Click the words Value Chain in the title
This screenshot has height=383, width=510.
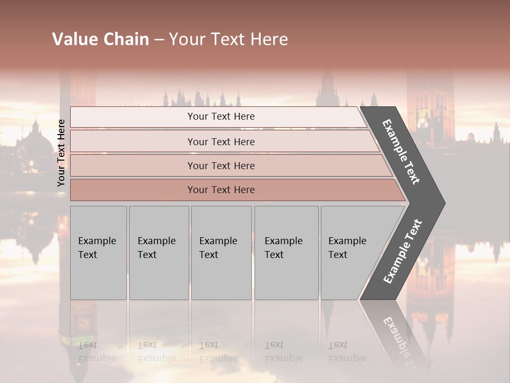coord(100,39)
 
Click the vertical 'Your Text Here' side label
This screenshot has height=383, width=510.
coord(61,153)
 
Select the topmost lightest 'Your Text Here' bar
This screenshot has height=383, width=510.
coord(221,116)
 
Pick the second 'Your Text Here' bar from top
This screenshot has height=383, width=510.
coord(221,142)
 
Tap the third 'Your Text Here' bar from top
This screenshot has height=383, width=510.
coord(221,166)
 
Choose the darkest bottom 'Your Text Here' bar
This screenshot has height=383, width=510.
coord(221,190)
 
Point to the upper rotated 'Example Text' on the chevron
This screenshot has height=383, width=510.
coord(401,152)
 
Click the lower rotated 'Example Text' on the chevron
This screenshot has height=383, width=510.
coord(403,252)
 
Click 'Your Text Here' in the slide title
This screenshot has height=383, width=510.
coord(228,39)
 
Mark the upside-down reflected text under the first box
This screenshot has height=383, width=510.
coord(97,352)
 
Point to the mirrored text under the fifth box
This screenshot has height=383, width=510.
coord(347,352)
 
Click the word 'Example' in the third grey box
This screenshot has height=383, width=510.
coord(218,241)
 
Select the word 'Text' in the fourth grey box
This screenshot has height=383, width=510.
coord(274,255)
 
